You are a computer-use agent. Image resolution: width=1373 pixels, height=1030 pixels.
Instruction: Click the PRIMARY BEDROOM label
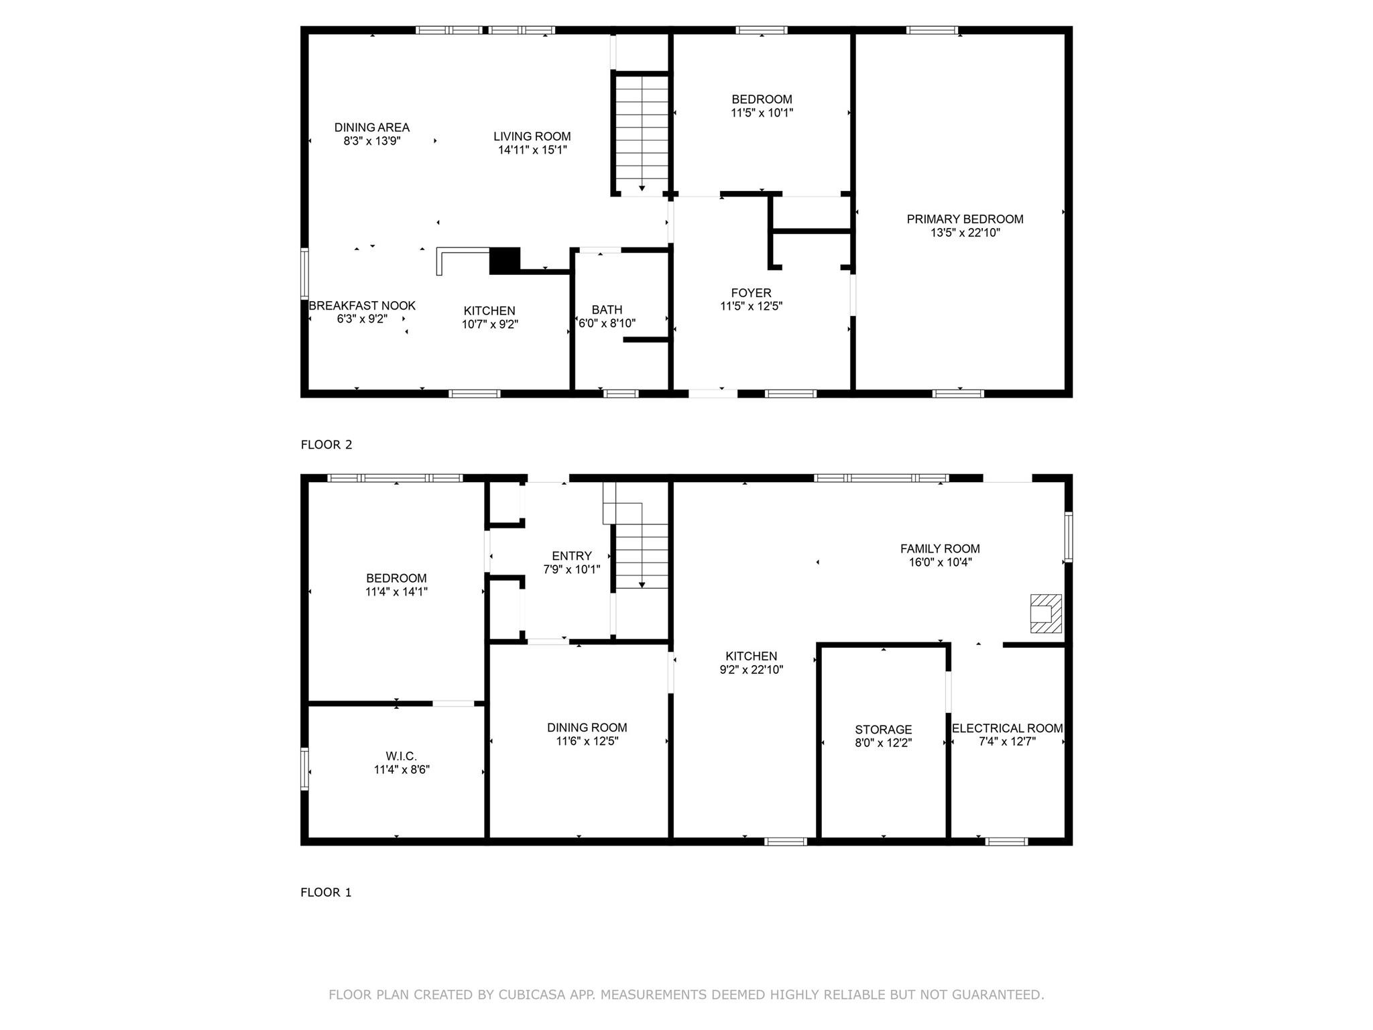[x=965, y=219]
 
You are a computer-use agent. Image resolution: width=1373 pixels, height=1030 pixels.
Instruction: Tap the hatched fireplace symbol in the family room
[x=1045, y=613]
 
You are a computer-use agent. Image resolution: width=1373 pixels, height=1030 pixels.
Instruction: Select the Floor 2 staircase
[x=642, y=134]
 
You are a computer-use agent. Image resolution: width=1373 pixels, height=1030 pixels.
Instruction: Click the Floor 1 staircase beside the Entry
[x=641, y=555]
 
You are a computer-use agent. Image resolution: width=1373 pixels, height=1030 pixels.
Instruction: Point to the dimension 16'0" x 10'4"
[x=940, y=563]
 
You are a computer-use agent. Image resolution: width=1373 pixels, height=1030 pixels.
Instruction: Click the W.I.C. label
[x=401, y=756]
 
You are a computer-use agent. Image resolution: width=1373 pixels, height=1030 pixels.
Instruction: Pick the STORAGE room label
[x=883, y=730]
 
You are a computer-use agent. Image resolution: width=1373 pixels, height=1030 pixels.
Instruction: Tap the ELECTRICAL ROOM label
[x=1007, y=728]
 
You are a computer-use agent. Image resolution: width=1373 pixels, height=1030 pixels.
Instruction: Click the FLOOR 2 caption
[x=326, y=445]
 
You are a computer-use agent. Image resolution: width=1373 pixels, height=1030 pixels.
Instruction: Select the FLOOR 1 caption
[x=326, y=893]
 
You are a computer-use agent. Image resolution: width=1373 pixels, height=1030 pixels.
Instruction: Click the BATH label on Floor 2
[x=607, y=310]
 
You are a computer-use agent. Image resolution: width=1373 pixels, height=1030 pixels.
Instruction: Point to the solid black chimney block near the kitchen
[x=505, y=260]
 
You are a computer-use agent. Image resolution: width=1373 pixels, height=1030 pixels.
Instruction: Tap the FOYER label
[x=751, y=293]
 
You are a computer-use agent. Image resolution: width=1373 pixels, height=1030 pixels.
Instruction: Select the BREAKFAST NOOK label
[x=362, y=306]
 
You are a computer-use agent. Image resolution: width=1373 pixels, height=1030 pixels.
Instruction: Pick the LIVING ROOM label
[x=532, y=137]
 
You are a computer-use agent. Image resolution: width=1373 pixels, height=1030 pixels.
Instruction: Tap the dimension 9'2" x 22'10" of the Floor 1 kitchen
[x=751, y=669]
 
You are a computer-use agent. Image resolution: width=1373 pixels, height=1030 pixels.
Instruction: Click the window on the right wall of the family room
[x=1068, y=536]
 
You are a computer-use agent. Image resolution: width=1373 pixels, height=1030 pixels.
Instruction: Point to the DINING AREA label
[x=371, y=127]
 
